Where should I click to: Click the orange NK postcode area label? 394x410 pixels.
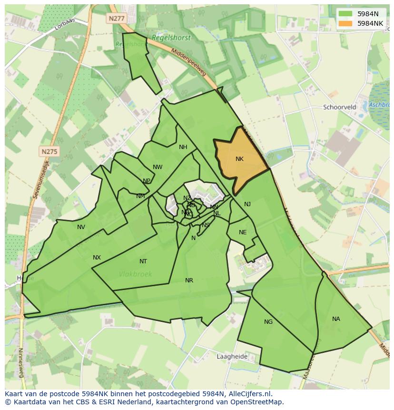tap(239, 159)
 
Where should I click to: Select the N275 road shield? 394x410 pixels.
tap(49, 152)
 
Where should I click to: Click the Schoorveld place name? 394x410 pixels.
tap(340, 107)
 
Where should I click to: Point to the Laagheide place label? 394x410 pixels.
tap(232, 356)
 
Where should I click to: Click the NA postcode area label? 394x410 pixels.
tap(336, 319)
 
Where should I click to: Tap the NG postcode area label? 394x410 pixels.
tap(268, 322)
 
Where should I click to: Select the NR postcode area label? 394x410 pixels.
tap(189, 280)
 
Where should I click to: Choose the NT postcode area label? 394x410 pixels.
tap(143, 261)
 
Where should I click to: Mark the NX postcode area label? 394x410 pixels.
tap(97, 258)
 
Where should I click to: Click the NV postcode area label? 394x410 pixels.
tap(81, 227)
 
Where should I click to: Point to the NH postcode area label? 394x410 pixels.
tap(183, 147)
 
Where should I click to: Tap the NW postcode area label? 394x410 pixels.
tap(158, 167)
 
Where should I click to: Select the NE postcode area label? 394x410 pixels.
tap(243, 232)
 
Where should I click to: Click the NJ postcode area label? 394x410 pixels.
tap(247, 204)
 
